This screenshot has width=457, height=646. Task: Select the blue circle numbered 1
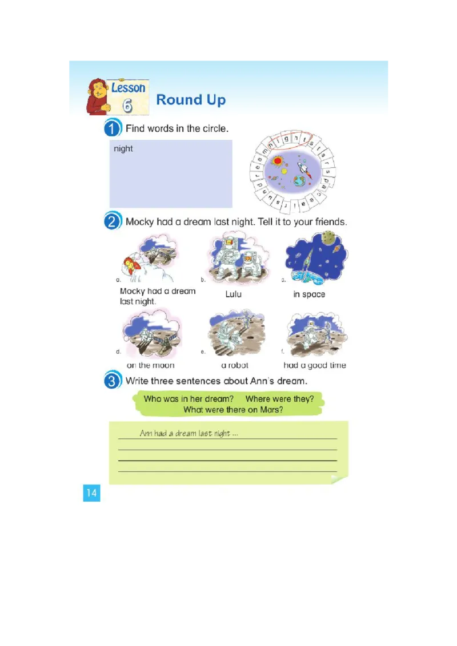tap(113, 128)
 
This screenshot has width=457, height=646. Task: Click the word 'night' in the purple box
tap(123, 149)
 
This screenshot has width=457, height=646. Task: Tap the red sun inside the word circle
tap(278, 161)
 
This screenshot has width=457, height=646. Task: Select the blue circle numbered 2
tap(113, 221)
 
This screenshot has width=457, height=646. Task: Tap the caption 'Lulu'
tap(233, 294)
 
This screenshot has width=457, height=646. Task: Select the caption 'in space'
tap(309, 294)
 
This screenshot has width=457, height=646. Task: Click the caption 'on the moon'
tap(150, 365)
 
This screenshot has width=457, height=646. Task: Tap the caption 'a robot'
tap(235, 365)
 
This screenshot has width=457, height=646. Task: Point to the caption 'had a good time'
tap(315, 365)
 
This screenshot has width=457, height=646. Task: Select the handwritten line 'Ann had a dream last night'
tap(189, 434)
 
